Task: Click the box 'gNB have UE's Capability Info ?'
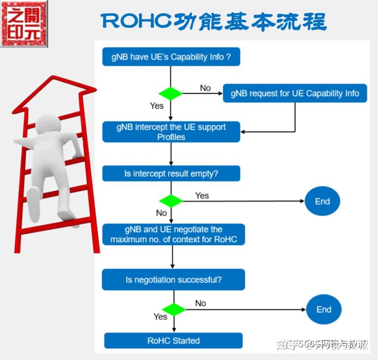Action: coord(171,57)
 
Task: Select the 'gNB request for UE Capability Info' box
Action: coord(295,93)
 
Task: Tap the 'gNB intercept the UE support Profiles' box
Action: coord(171,132)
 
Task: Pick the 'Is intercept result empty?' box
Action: coord(171,174)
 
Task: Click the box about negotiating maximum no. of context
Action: coord(173,234)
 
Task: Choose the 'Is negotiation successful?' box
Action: coord(173,280)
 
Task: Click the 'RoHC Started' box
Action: coord(173,341)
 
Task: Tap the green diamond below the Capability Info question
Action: coord(171,93)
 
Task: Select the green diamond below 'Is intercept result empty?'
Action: coord(171,201)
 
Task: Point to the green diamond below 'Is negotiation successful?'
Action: coord(174,309)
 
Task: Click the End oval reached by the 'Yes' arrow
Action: coord(322,202)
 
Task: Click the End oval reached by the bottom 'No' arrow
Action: coord(324,310)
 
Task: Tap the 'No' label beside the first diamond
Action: coord(205,88)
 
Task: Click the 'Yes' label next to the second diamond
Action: coord(202,195)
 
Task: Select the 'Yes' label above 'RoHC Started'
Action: coord(160,317)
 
